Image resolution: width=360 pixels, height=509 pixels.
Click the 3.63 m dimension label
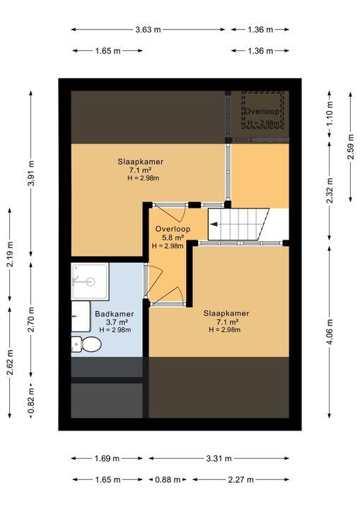(x=149, y=30)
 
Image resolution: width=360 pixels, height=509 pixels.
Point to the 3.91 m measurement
(x=30, y=174)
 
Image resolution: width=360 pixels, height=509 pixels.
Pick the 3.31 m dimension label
(x=219, y=459)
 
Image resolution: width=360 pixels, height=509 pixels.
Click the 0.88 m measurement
(x=167, y=479)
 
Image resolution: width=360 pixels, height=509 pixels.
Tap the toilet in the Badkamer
(x=87, y=344)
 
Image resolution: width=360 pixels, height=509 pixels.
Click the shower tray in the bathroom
(x=89, y=281)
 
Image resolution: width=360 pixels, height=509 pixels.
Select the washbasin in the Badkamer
(x=77, y=317)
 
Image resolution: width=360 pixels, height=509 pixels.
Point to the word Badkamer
(x=114, y=314)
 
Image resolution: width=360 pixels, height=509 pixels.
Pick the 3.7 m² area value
(x=114, y=322)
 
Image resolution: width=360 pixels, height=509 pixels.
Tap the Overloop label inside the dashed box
(x=263, y=112)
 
